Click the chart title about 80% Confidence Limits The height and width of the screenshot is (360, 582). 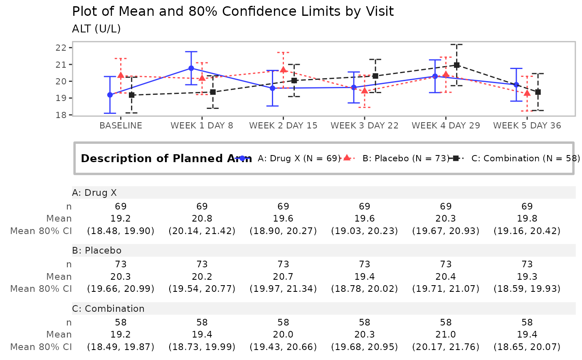coord(233,11)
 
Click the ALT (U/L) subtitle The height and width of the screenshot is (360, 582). coord(96,29)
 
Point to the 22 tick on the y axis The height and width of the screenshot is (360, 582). coord(61,47)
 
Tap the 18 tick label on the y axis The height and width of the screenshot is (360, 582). coord(61,115)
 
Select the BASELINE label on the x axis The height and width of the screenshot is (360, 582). coord(121,126)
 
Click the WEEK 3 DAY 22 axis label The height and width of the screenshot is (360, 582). coord(365,126)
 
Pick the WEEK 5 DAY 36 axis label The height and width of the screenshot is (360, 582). coord(527,126)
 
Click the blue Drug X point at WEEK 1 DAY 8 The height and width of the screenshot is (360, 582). coord(191,68)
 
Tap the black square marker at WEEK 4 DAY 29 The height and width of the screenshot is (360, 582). coord(456,65)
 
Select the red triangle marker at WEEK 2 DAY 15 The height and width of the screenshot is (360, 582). coord(283,69)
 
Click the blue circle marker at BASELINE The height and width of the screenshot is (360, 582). coord(110,95)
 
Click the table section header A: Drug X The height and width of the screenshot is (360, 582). coord(94,192)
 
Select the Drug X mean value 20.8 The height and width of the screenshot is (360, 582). coord(202,218)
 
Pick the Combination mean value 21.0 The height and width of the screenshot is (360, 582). coord(446,335)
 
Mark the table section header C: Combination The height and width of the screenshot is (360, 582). coord(108,308)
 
